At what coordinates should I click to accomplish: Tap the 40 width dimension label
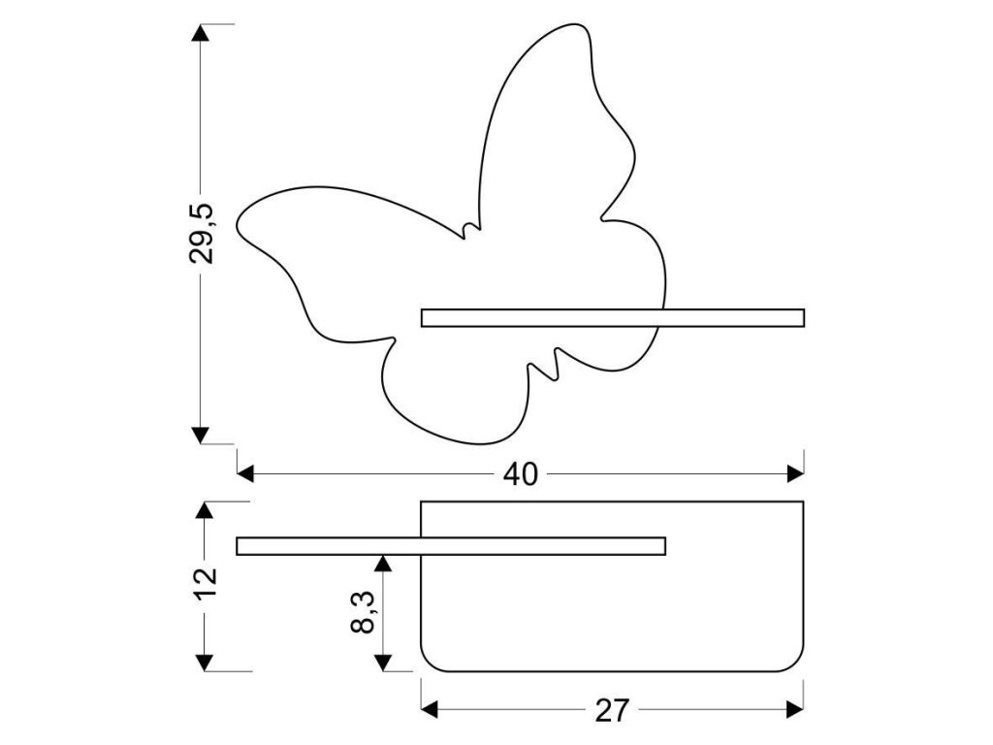(x=521, y=473)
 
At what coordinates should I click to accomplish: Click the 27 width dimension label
(x=612, y=711)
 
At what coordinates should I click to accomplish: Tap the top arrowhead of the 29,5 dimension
(x=200, y=31)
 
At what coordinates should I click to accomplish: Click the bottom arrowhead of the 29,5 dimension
(x=200, y=436)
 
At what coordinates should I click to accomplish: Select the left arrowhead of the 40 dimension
(x=245, y=473)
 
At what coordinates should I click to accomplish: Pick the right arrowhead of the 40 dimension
(x=796, y=473)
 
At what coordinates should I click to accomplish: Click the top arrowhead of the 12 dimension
(x=205, y=510)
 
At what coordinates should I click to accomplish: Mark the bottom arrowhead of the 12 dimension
(x=205, y=663)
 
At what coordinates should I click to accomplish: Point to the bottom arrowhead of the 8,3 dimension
(x=383, y=663)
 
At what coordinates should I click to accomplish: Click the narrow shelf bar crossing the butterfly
(x=613, y=317)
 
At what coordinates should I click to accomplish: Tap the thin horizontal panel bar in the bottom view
(x=451, y=546)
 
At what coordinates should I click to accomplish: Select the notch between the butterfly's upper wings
(x=470, y=230)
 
